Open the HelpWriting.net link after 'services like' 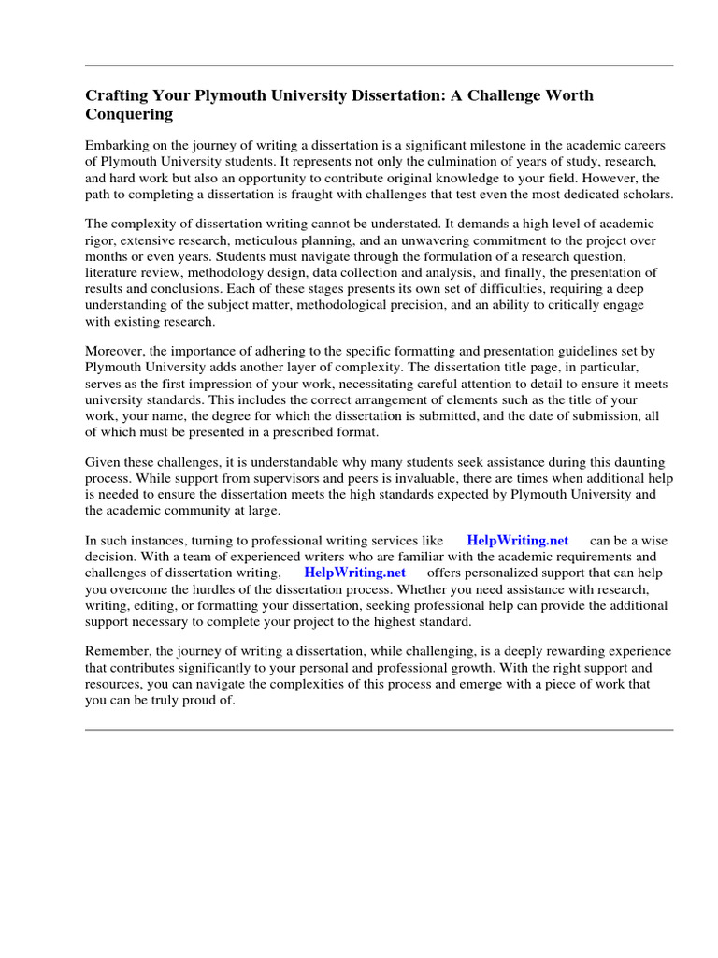[x=517, y=541]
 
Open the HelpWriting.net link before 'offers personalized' [x=355, y=573]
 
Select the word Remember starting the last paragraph [x=117, y=651]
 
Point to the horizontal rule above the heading [x=379, y=65]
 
